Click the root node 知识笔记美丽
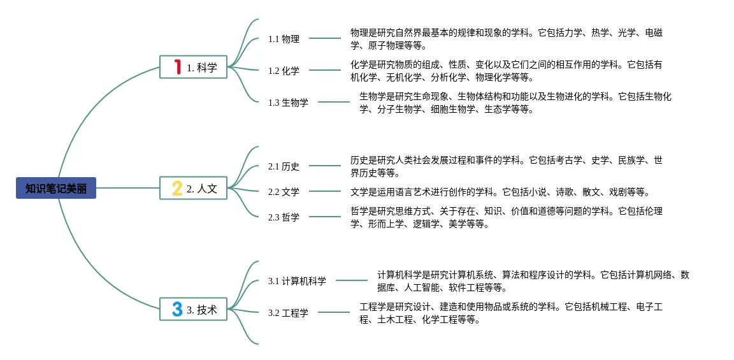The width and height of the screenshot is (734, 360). pos(56,188)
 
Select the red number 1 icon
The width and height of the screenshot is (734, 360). pos(178,67)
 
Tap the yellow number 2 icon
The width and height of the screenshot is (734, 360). pos(177,188)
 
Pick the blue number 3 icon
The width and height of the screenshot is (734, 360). pos(177,309)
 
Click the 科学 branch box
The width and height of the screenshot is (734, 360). pos(193,67)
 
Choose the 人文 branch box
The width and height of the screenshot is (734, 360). pos(193,188)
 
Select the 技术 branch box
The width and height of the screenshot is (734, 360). pos(193,309)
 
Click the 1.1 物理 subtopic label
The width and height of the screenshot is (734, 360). pos(284,39)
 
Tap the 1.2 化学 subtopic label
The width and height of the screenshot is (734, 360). pos(284,71)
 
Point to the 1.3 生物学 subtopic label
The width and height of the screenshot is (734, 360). pos(288,103)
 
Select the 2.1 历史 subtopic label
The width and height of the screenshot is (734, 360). pos(284,166)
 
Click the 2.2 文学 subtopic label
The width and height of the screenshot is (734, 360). pos(284,192)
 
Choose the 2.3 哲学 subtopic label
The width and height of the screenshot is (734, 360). pos(284,217)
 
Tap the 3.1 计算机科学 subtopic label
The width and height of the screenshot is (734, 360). pos(297,281)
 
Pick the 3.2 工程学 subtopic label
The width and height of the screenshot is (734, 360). pos(288,313)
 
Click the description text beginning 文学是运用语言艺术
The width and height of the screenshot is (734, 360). pos(500,192)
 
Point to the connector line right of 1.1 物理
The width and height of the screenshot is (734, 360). pos(325,38)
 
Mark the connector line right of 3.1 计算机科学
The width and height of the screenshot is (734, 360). pos(352,280)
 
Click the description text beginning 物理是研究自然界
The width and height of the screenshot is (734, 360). pos(507,39)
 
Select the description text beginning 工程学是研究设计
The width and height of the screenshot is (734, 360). pos(511,313)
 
